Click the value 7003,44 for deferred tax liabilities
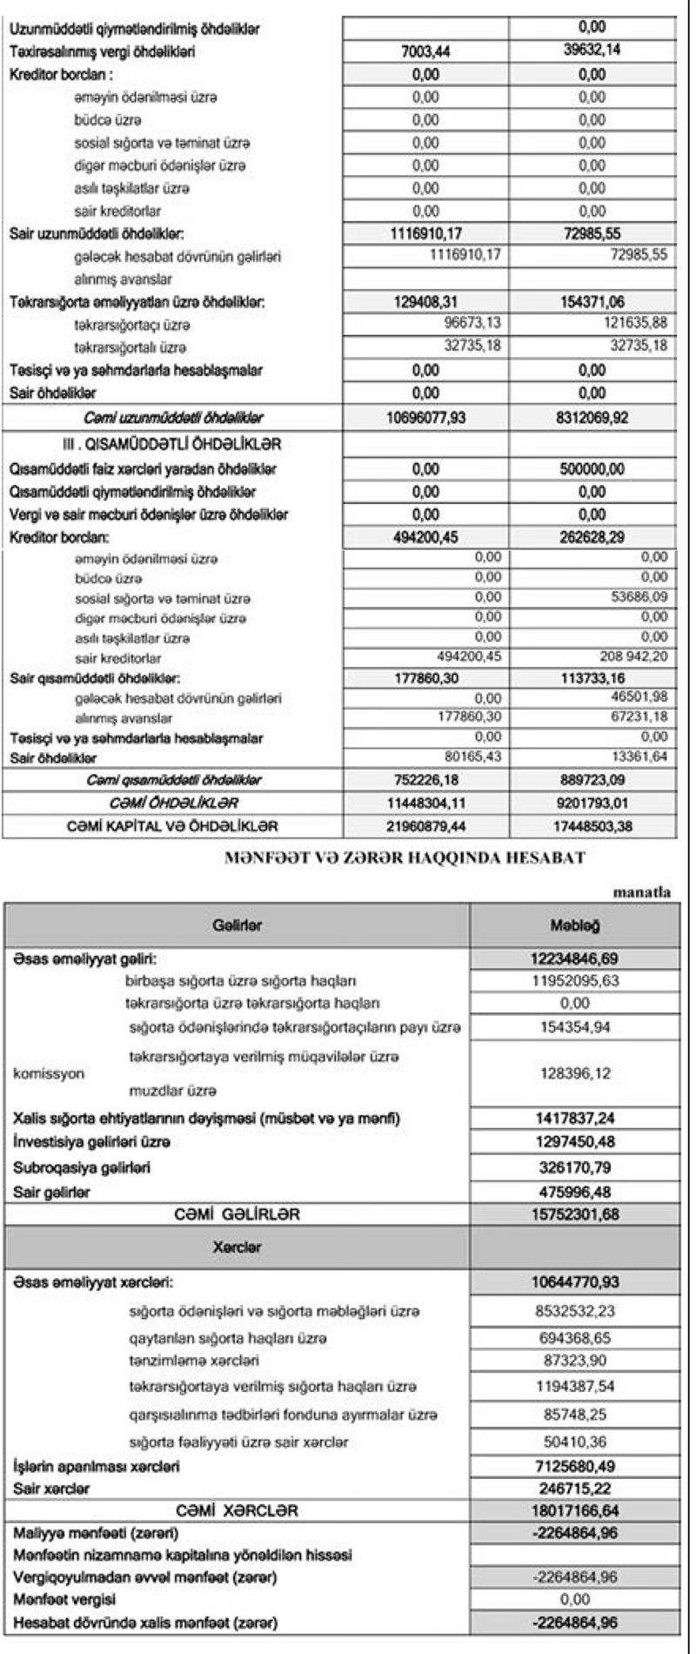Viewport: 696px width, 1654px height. click(425, 52)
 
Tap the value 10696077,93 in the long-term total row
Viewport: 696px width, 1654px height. click(425, 418)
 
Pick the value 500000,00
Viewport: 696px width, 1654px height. click(592, 469)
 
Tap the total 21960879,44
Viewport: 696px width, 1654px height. click(425, 825)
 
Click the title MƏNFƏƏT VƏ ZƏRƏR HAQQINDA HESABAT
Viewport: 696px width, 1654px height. click(405, 858)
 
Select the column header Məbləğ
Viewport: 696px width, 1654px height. click(575, 925)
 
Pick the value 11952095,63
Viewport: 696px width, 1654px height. click(575, 981)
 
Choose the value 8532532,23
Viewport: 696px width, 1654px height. click(575, 1310)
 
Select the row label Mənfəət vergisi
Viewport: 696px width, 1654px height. click(65, 1599)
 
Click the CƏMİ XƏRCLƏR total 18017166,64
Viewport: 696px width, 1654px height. click(575, 1510)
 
